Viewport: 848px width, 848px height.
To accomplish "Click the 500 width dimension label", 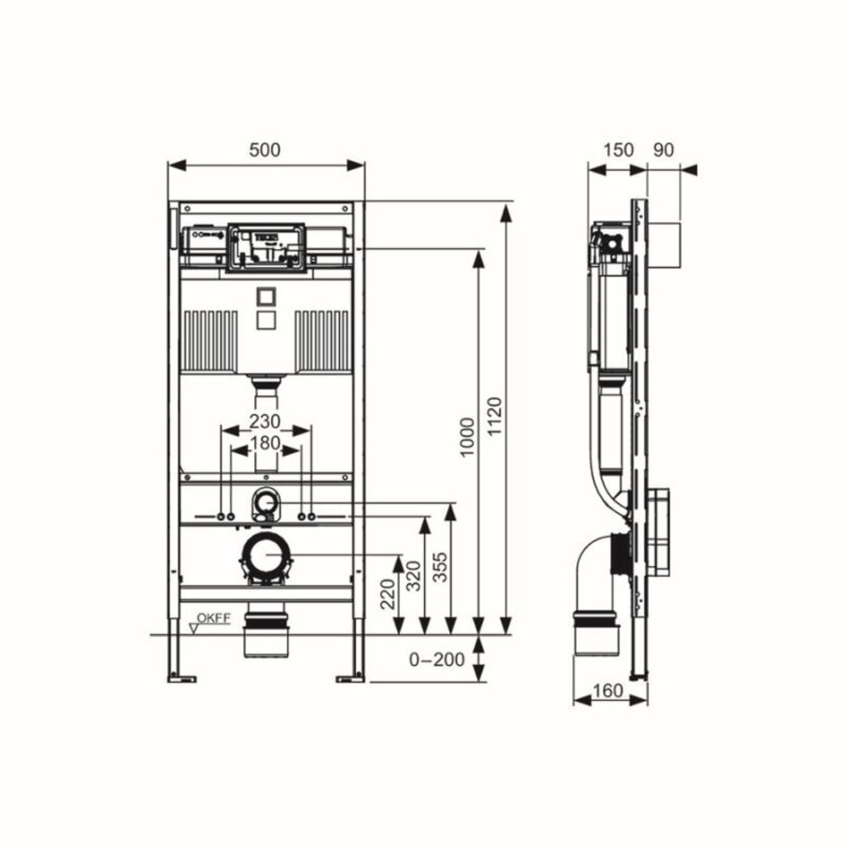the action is click(x=265, y=150).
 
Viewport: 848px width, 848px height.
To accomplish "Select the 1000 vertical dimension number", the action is click(x=467, y=437).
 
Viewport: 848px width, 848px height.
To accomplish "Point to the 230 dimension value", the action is click(x=265, y=420).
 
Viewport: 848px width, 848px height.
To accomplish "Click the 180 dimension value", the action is click(x=265, y=443).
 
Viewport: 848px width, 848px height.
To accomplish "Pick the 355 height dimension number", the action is click(x=441, y=567).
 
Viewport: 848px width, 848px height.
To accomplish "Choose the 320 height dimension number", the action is click(x=413, y=577).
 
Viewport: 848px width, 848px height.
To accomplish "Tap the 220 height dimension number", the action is click(x=387, y=594).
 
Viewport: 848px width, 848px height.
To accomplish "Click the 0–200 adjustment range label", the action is click(x=437, y=660).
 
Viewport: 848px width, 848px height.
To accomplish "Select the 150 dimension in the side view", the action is click(x=619, y=150).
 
